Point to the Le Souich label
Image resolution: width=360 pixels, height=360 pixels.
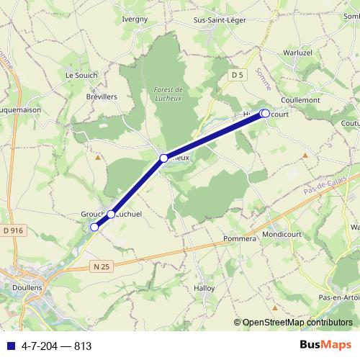tap(80, 74)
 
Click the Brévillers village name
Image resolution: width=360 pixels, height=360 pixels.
tap(101, 96)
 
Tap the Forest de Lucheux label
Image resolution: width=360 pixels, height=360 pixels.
tap(170, 94)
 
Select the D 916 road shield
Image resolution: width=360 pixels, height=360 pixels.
tap(13, 230)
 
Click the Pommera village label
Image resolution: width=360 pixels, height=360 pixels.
tap(240, 238)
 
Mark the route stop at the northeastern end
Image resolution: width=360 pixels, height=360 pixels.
tap(264, 113)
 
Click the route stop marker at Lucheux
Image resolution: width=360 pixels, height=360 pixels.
tap(163, 158)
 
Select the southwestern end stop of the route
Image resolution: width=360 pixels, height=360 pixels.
tap(94, 227)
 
